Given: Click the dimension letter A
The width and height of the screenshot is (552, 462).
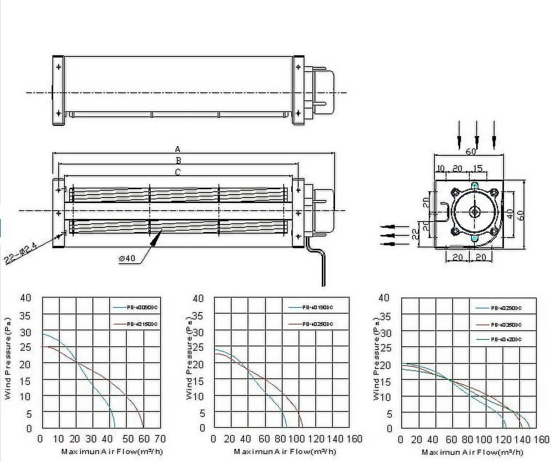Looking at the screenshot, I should (178, 149).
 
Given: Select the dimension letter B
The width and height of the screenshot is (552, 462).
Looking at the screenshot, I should (178, 160).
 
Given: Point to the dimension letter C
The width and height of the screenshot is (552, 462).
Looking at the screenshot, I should (178, 172).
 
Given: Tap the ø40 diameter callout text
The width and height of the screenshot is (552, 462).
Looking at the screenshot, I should (127, 258).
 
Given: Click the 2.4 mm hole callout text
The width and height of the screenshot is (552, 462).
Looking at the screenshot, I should (21, 255).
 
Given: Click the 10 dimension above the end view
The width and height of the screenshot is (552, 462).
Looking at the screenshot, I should (440, 168).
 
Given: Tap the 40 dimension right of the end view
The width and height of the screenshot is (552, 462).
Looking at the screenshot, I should (510, 214).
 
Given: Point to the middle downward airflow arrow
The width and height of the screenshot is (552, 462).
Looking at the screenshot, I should (476, 135).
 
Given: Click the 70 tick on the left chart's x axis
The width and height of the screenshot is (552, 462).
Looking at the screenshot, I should (160, 439).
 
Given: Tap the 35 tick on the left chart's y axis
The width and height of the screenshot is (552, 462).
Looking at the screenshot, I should (25, 316).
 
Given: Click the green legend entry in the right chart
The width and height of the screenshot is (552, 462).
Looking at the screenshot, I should (499, 339).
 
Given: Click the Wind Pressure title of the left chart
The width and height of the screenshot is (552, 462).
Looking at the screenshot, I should (8, 359).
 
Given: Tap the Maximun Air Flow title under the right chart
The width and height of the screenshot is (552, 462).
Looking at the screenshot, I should (472, 452).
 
